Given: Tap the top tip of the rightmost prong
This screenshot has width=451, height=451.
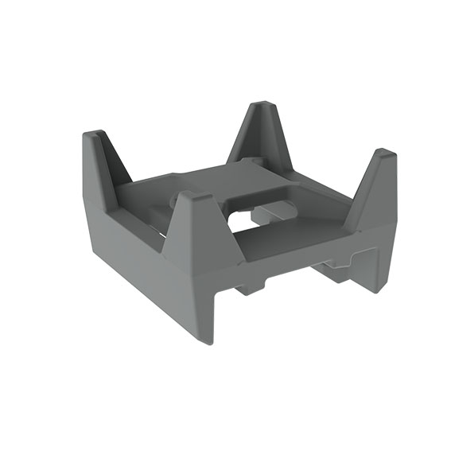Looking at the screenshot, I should tap(383, 152).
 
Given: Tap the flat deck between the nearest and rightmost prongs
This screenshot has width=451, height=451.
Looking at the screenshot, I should tap(294, 239).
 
